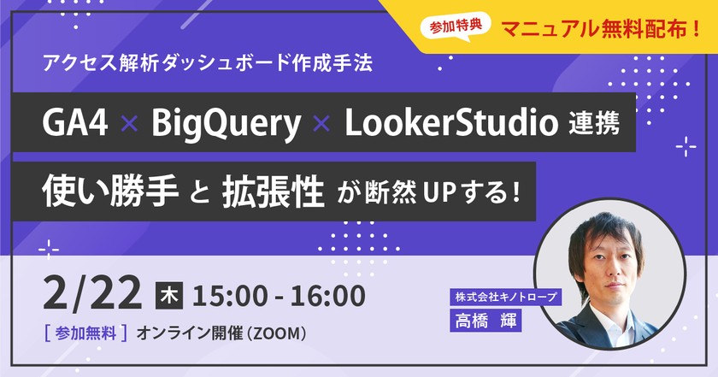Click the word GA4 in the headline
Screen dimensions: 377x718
74,125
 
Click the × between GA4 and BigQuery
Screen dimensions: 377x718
129,125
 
